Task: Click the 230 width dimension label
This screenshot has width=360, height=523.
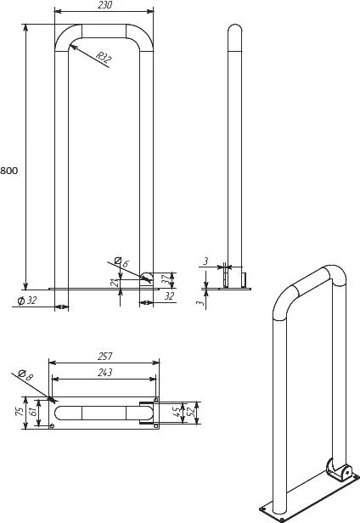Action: pyautogui.click(x=104, y=5)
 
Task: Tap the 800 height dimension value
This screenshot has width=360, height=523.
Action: pyautogui.click(x=9, y=171)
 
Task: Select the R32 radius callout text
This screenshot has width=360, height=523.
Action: pyautogui.click(x=103, y=57)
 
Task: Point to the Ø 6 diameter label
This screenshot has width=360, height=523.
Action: pyautogui.click(x=121, y=261)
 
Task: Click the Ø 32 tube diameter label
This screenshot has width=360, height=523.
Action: pyautogui.click(x=27, y=301)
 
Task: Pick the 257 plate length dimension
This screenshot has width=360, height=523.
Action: pyautogui.click(x=104, y=357)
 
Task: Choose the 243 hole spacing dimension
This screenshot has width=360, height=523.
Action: pyautogui.click(x=104, y=372)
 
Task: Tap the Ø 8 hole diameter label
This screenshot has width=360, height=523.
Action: pyautogui.click(x=25, y=375)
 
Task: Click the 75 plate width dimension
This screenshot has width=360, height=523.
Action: pyautogui.click(x=20, y=411)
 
